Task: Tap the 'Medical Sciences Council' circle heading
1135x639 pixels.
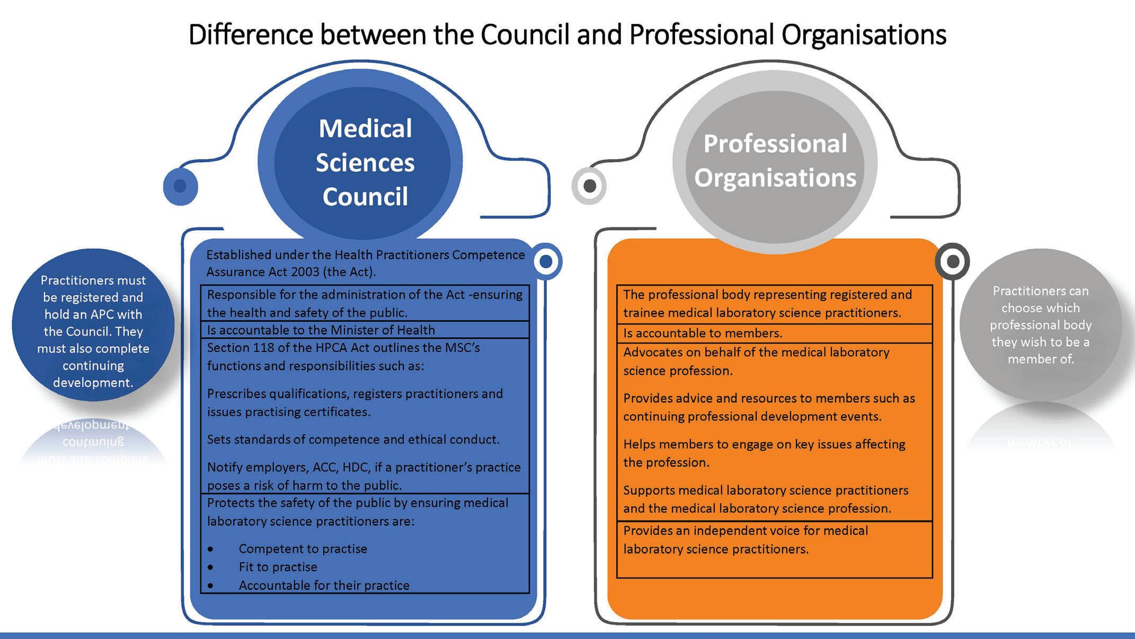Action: [365, 162]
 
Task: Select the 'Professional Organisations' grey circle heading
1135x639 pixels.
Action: [775, 161]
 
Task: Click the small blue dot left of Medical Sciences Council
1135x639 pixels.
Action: [180, 186]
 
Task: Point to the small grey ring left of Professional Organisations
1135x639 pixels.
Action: [589, 186]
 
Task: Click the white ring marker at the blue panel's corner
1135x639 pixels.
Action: [546, 261]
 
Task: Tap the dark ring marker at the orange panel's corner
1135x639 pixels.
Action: [952, 261]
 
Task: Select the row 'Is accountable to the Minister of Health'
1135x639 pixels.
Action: [321, 330]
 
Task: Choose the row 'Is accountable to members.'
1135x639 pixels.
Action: [703, 333]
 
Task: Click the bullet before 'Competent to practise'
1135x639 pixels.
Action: [211, 549]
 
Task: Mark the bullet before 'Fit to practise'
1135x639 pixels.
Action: [211, 567]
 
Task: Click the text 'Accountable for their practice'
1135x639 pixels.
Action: [324, 585]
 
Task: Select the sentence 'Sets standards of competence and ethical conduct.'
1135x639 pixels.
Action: [353, 439]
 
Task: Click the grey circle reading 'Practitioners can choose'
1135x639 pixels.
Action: [1040, 325]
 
